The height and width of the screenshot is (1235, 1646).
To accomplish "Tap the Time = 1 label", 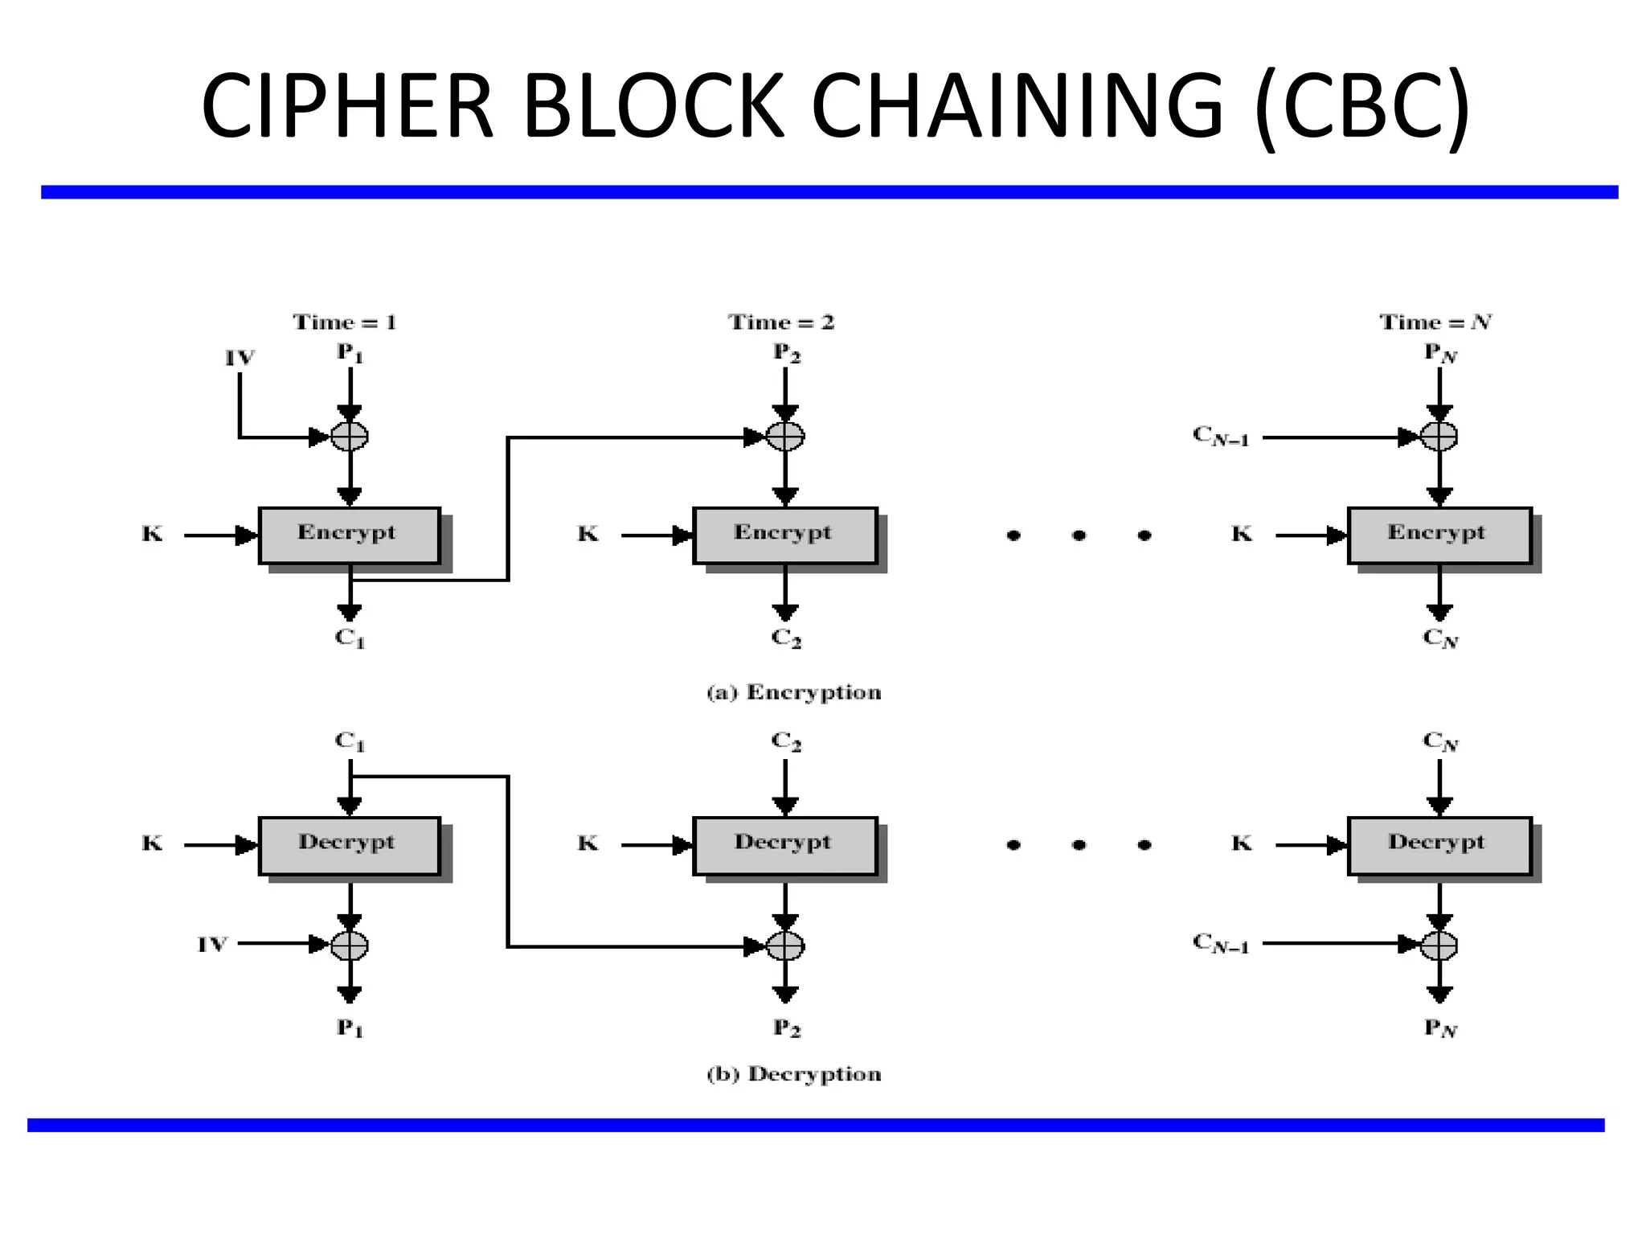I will click(x=345, y=322).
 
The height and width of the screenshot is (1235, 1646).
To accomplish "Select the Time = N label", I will click(x=1435, y=322).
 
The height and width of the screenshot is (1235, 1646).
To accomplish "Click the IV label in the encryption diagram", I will click(x=240, y=358).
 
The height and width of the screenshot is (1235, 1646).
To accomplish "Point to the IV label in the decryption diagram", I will click(x=213, y=945).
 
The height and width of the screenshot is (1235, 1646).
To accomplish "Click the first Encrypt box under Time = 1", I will click(x=349, y=535).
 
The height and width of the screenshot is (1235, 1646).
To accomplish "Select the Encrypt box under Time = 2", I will click(x=784, y=535).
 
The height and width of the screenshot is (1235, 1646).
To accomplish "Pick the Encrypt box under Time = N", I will click(x=1439, y=535).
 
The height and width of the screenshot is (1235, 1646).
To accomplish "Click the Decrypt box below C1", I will click(x=349, y=845).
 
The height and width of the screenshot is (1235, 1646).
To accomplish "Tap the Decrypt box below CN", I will click(x=1439, y=845).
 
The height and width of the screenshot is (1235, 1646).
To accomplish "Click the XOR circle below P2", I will click(x=785, y=437).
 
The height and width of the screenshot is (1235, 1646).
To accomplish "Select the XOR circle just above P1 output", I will click(x=350, y=945).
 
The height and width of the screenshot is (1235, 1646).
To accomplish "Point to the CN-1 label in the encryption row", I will click(x=1221, y=437).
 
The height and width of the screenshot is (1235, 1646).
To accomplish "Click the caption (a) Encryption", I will click(x=794, y=692).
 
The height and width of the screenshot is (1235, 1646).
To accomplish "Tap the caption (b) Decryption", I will click(x=794, y=1074).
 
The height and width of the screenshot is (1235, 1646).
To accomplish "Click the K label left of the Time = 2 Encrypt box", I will click(x=588, y=534).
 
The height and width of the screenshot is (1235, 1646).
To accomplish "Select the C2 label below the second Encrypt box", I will click(x=786, y=638).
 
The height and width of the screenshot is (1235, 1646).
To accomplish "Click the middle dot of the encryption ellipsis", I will click(x=1079, y=535).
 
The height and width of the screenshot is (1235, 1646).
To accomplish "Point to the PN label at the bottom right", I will click(x=1440, y=1028).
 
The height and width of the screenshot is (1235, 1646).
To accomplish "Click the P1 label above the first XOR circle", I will click(x=350, y=352).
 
